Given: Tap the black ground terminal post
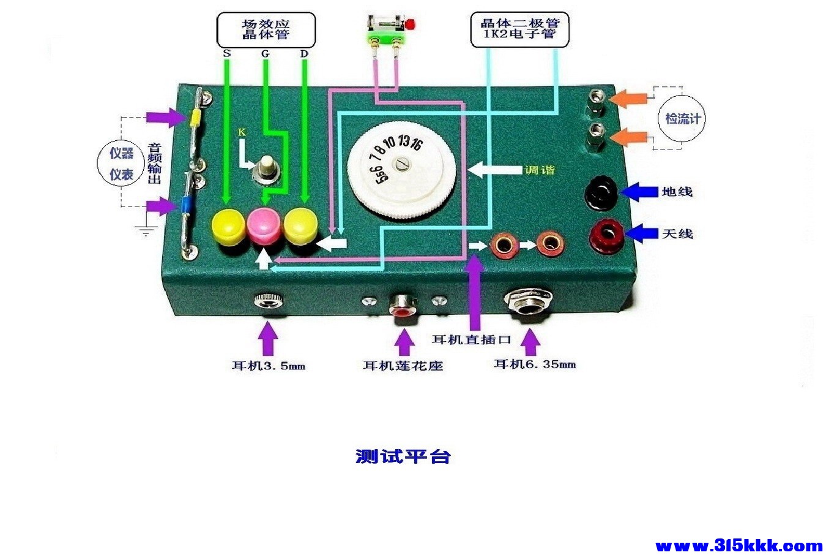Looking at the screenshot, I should [x=600, y=193].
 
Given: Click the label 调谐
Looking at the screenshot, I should [x=540, y=170].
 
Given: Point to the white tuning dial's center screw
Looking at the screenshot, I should [x=402, y=165].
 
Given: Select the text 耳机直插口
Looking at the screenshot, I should [x=471, y=339].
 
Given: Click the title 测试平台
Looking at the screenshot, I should [x=403, y=456].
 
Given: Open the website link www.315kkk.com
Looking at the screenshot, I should [x=739, y=545].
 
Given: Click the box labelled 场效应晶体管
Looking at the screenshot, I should [x=266, y=30].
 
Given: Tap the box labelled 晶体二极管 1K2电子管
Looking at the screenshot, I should [x=519, y=29].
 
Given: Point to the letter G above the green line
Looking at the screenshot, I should [x=265, y=54].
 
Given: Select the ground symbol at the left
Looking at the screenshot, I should [x=146, y=230].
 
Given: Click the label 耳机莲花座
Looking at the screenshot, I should [x=403, y=366].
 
